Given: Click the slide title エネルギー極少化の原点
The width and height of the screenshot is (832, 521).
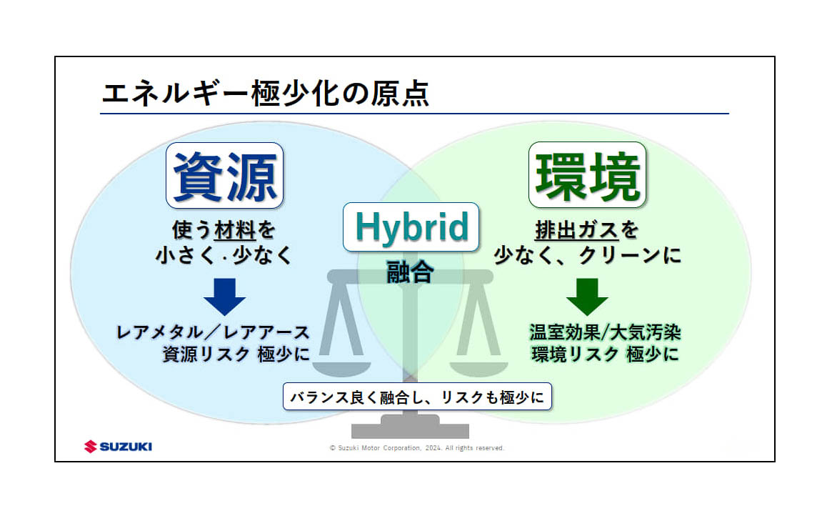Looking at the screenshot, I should [x=265, y=94].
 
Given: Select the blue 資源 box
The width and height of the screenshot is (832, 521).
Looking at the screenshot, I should [x=225, y=175].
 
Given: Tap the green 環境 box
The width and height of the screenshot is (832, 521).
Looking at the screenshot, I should [x=587, y=175].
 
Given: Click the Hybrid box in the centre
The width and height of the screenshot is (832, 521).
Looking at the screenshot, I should [x=411, y=227].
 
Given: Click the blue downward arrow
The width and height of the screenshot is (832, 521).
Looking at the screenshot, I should [x=224, y=296].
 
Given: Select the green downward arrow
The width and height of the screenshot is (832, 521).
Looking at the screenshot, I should [x=587, y=296].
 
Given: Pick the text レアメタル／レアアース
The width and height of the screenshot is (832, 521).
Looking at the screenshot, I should [x=213, y=332].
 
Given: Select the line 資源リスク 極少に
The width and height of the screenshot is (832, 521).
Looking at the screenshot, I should [x=236, y=354].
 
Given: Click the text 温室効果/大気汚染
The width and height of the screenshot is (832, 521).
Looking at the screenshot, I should [x=604, y=332].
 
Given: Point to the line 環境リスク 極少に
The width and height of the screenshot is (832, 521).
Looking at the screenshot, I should [x=604, y=354].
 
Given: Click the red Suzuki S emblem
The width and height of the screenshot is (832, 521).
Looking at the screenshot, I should [x=91, y=447].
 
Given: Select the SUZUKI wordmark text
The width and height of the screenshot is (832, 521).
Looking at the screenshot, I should [x=126, y=447].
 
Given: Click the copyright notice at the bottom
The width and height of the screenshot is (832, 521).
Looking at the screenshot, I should [x=416, y=448].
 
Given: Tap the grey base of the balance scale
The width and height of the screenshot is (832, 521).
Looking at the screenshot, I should [x=410, y=428].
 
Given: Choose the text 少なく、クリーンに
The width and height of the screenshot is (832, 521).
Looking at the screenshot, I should [x=587, y=256].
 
